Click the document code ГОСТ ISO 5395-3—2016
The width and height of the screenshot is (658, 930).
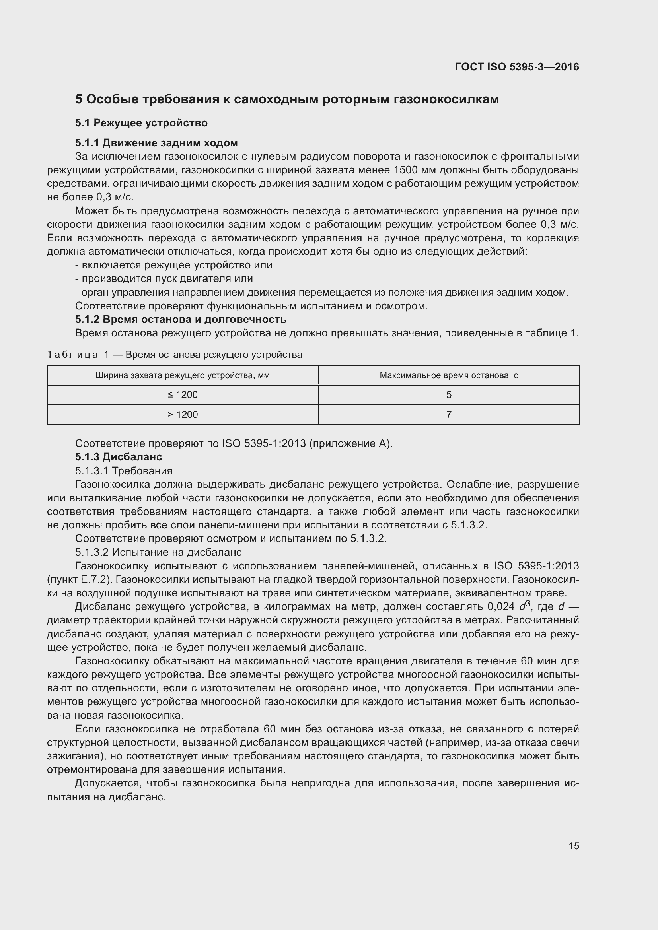pos(517,67)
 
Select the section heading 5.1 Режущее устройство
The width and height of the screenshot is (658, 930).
pos(141,123)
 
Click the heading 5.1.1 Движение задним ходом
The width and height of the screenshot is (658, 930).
pos(156,143)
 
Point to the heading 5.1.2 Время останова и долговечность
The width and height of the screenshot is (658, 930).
pos(181,320)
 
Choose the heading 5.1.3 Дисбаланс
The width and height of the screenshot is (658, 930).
pos(119,457)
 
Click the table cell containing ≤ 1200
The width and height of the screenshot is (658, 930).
pos(182,395)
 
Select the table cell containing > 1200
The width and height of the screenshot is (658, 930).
pos(182,415)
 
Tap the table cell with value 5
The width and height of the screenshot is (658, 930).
pos(448,395)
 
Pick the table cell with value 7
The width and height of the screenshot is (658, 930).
pos(448,415)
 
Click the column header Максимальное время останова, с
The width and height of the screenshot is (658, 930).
pos(448,375)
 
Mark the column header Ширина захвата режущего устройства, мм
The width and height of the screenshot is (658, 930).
pos(182,375)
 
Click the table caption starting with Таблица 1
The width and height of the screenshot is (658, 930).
pos(175,355)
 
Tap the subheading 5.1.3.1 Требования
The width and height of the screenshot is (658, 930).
pos(124,471)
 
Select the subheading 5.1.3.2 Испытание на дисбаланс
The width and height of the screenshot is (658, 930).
pos(158,553)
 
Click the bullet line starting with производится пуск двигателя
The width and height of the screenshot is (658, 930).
pos(164,279)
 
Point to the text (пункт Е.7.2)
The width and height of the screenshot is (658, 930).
pos(80,580)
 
